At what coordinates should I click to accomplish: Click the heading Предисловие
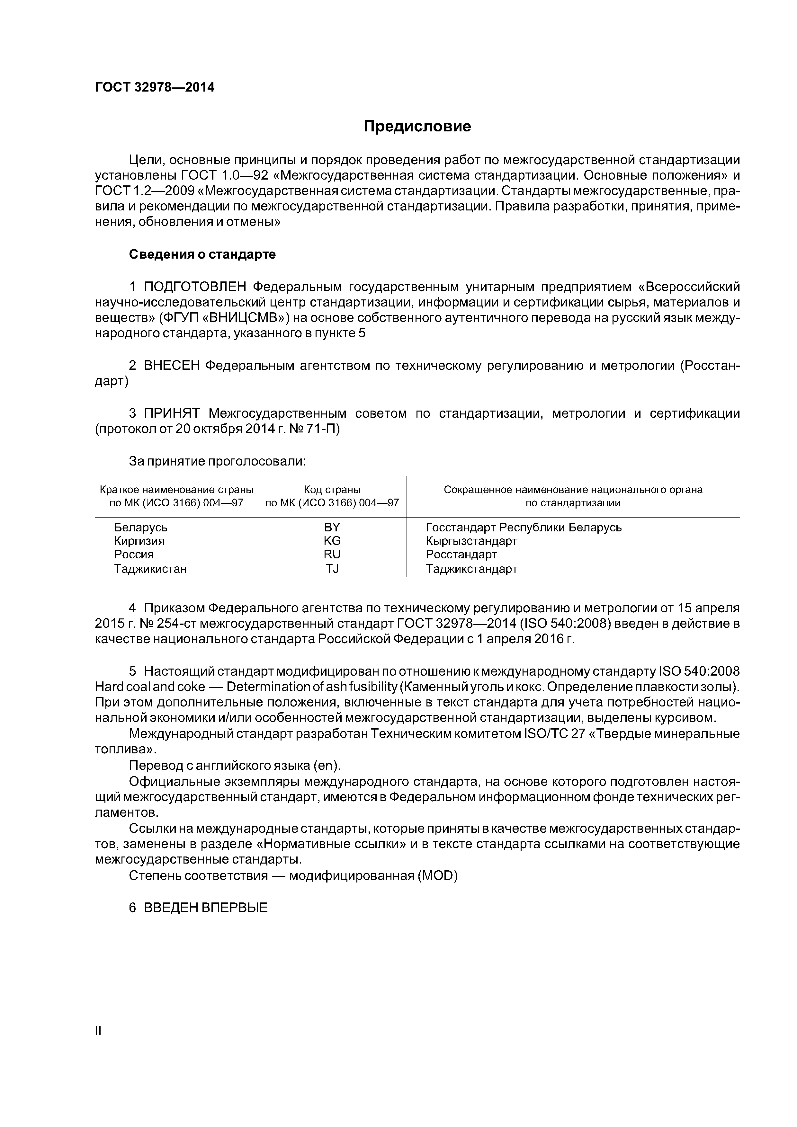tap(417, 127)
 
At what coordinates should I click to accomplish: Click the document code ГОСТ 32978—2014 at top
tap(155, 87)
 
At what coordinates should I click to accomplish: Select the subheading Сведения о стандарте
tap(202, 254)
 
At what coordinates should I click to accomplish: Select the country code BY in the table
tap(332, 527)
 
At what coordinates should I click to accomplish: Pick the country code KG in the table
tap(332, 541)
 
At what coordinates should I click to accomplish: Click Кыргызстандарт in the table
tap(471, 541)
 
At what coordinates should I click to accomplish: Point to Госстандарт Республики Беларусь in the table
tap(524, 527)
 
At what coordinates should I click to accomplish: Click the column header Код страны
tap(332, 489)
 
